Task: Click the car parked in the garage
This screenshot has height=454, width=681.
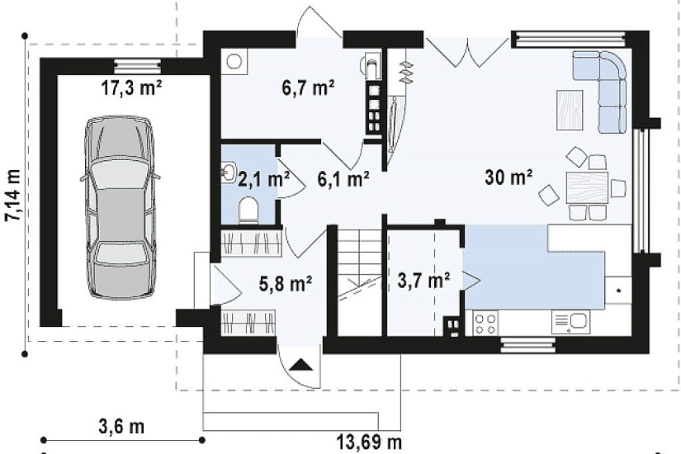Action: (x=120, y=207)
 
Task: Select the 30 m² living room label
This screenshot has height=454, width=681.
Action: (x=509, y=177)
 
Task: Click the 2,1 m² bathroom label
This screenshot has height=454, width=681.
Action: (x=263, y=178)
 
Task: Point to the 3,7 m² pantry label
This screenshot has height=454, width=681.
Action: (x=423, y=281)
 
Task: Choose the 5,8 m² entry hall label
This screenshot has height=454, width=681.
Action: (x=286, y=284)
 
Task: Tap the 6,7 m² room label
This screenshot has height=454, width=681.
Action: (x=308, y=88)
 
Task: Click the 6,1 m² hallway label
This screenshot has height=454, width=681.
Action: (x=343, y=178)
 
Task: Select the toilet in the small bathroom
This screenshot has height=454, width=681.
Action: (x=248, y=210)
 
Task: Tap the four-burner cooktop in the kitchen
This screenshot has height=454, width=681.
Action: (x=485, y=324)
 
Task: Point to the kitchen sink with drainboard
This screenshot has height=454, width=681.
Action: (x=571, y=322)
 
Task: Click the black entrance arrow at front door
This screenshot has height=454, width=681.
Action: (x=301, y=364)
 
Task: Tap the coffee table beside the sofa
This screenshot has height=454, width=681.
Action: (x=570, y=110)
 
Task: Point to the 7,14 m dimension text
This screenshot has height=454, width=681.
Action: (x=13, y=195)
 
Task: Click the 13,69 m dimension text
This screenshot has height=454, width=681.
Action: (x=369, y=442)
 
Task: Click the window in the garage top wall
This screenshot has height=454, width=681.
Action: (x=137, y=67)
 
